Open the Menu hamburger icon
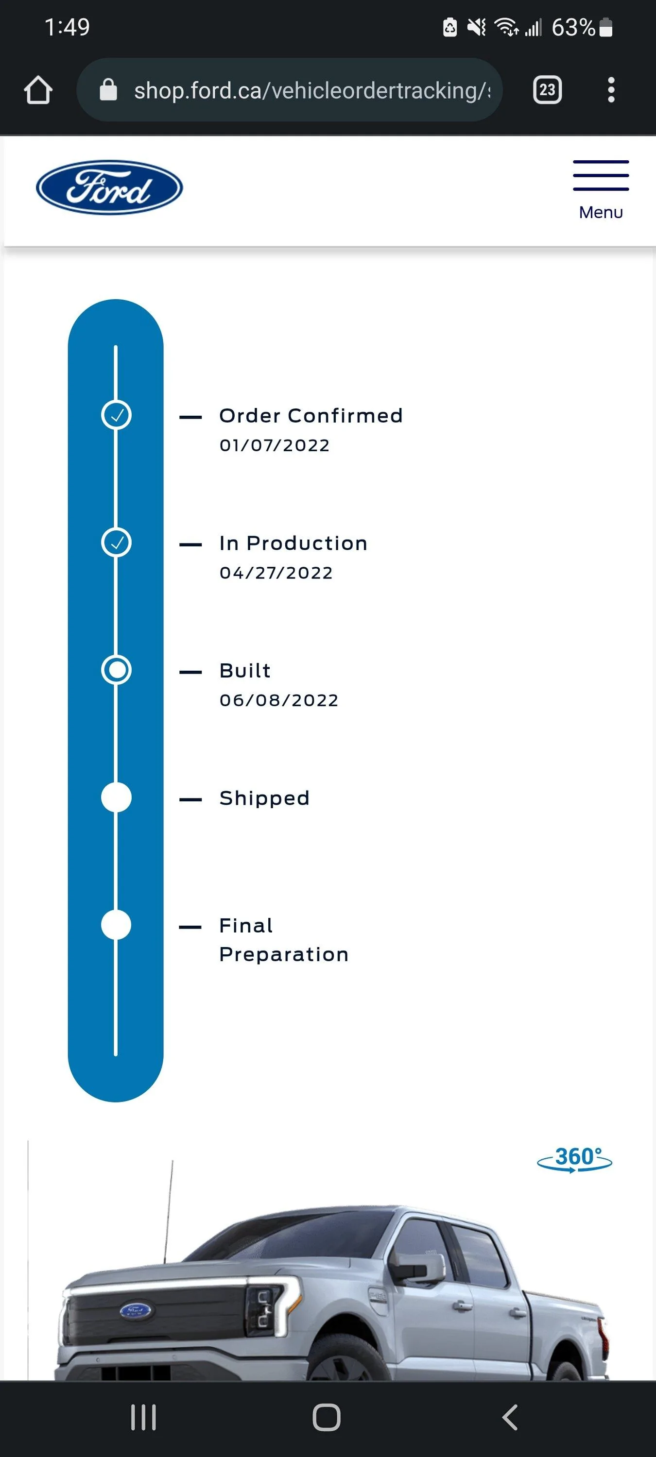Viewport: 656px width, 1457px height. (601, 176)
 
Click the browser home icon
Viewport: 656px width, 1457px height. (38, 90)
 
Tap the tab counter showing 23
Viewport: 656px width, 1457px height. (547, 90)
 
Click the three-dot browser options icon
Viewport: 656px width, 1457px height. (611, 90)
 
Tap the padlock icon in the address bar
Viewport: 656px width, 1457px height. (108, 90)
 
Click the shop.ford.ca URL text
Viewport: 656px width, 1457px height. (311, 90)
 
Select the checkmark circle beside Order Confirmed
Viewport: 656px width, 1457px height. (117, 415)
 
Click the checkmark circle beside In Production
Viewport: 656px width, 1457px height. (117, 542)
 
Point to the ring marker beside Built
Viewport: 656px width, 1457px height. (117, 670)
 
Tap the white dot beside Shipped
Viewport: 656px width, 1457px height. (117, 797)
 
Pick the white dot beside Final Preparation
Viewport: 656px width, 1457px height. (117, 925)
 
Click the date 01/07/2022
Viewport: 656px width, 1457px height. (275, 446)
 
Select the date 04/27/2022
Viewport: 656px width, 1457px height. (276, 573)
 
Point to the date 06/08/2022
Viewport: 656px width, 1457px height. (279, 700)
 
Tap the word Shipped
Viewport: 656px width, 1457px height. (264, 798)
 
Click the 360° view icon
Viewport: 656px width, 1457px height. (574, 1158)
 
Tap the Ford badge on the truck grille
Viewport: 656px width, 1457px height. (136, 1310)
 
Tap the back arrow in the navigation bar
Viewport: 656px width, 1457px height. (510, 1417)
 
